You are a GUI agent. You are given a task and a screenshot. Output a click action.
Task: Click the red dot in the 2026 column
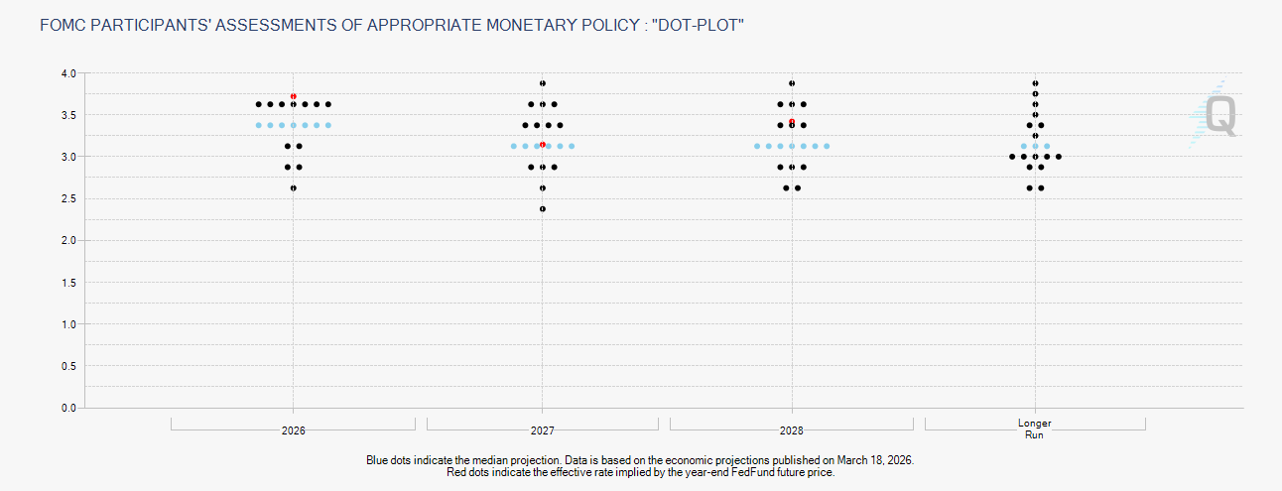tap(294, 96)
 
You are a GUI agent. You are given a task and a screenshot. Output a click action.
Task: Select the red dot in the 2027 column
tap(543, 144)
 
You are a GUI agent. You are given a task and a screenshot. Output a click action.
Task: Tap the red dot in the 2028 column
tap(792, 121)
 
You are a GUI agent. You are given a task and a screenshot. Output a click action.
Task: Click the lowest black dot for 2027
tap(543, 208)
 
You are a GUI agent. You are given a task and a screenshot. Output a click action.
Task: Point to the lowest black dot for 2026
tap(294, 187)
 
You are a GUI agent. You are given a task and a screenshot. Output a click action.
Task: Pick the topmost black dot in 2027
tap(543, 83)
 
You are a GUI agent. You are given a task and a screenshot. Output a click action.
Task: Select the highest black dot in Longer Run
tap(1035, 83)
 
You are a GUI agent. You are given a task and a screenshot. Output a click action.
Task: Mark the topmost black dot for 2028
tap(792, 83)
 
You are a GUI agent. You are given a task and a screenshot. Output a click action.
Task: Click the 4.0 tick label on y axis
tap(68, 73)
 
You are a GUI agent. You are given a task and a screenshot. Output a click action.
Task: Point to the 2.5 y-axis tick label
tap(68, 199)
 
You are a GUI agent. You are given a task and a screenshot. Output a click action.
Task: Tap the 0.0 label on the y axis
tap(68, 408)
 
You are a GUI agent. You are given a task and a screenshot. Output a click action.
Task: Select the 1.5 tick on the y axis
tap(68, 283)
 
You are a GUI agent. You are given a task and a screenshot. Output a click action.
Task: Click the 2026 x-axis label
tap(294, 431)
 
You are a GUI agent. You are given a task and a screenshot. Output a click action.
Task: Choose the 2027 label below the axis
tap(543, 431)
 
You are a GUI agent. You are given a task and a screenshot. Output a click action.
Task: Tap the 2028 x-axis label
tap(792, 431)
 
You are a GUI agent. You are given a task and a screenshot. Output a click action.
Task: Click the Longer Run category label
tap(1035, 429)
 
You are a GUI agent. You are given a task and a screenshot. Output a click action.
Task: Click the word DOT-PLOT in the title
tap(698, 23)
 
